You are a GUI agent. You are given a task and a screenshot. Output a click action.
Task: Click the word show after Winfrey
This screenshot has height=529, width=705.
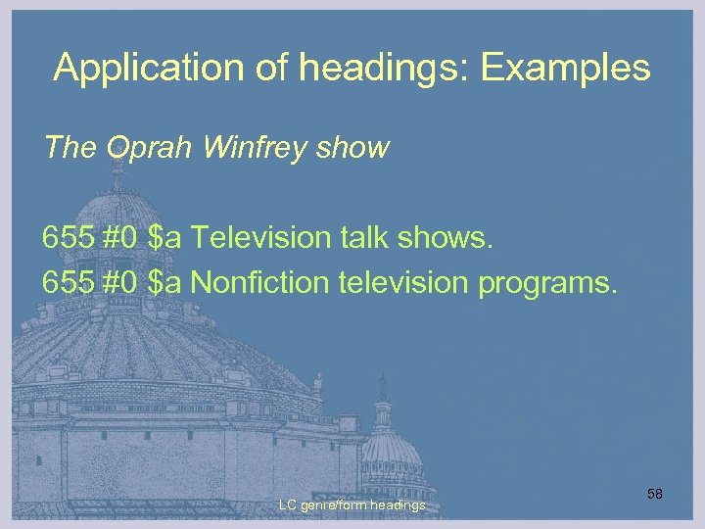354,148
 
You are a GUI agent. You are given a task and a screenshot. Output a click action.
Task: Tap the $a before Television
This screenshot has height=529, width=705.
166,238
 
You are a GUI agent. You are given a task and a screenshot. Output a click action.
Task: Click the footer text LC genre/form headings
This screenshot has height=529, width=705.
352,505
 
